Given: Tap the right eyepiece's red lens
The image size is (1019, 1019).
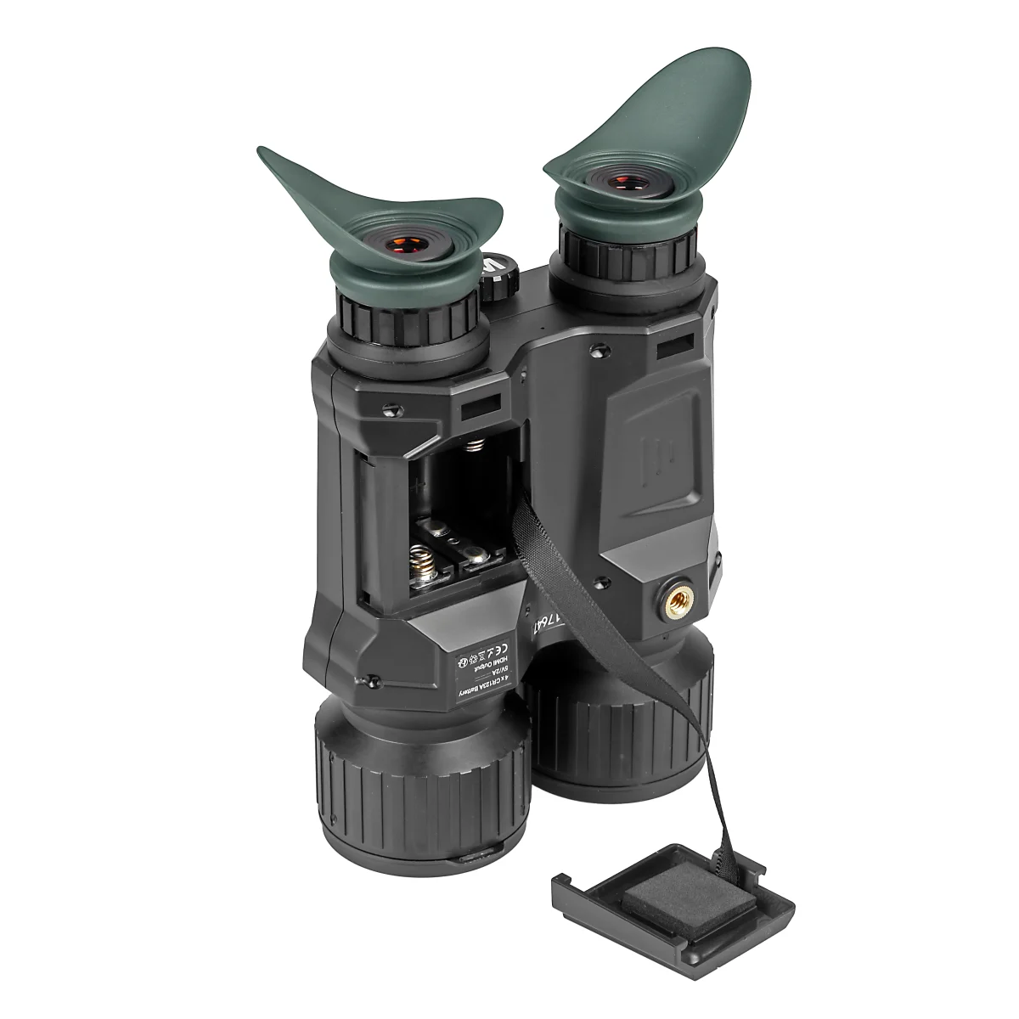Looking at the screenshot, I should click(x=629, y=183).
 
